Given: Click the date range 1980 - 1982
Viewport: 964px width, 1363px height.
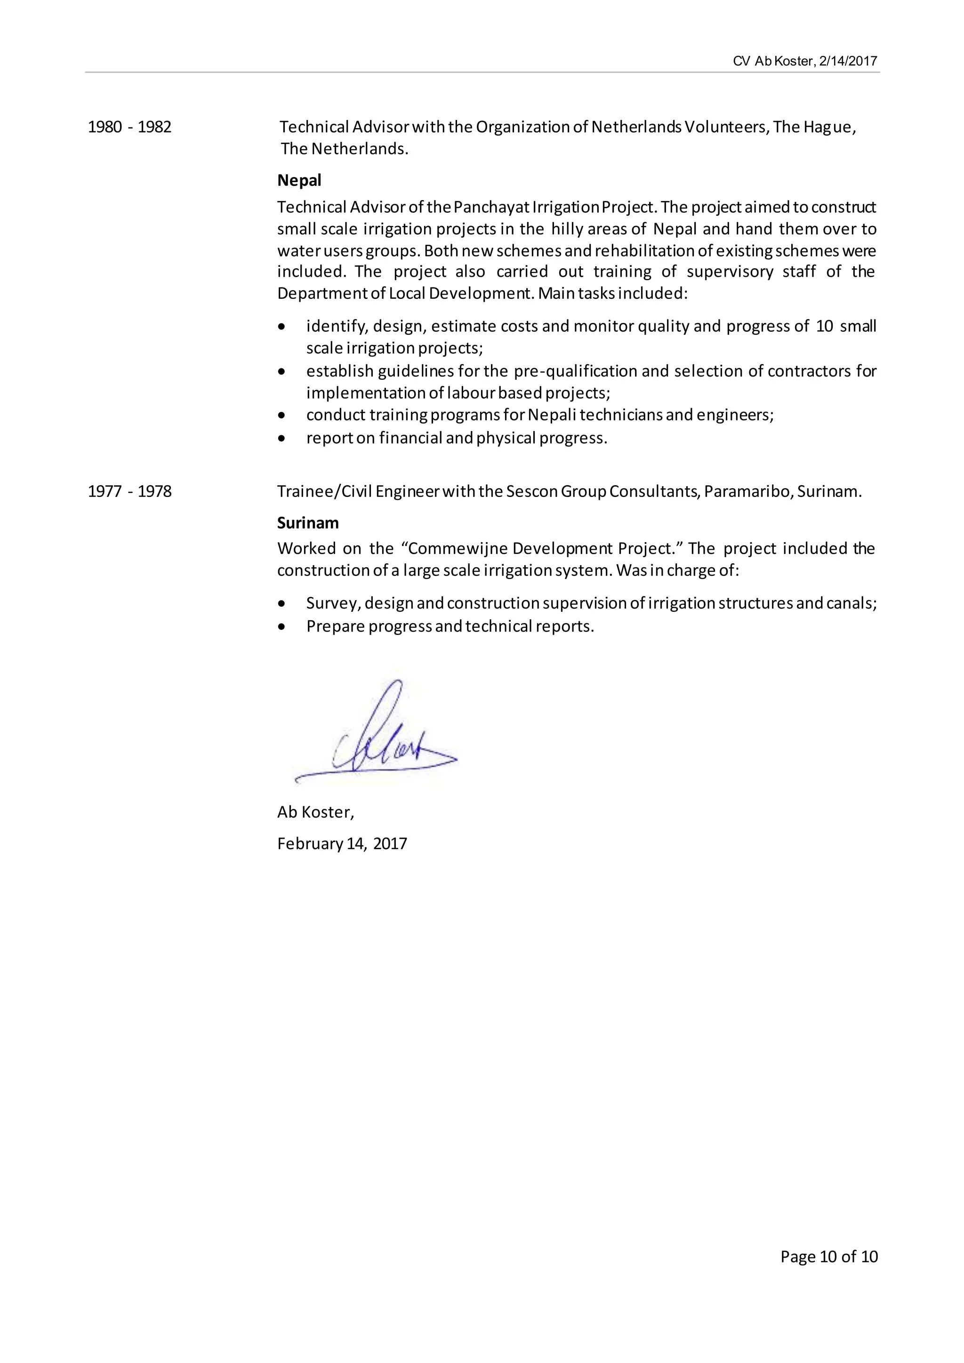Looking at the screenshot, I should [x=129, y=127].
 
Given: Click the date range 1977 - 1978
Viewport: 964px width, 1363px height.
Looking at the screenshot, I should [x=129, y=491].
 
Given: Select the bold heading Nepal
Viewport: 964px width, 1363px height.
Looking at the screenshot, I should [x=299, y=180].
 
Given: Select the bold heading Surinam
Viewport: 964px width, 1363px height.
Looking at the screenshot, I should [x=307, y=523].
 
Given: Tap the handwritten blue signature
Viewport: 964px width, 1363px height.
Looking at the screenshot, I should [x=380, y=742].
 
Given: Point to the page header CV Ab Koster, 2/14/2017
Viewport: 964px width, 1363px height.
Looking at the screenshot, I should [x=804, y=61].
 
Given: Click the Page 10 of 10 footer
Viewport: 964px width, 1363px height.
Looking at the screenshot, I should [x=828, y=1256].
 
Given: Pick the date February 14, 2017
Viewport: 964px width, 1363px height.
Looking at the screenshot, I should [x=342, y=843].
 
